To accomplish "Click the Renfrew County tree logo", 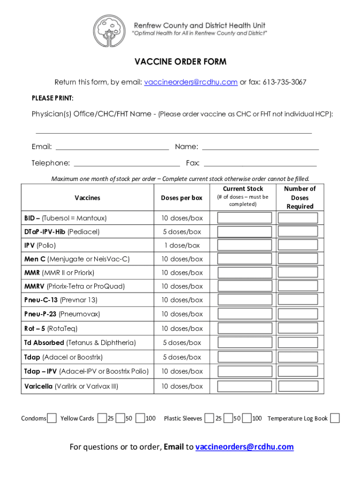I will point(109,31).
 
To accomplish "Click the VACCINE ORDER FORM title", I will point(180,62).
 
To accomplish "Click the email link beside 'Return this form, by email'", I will point(190,82).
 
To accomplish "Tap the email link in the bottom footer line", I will point(244,447).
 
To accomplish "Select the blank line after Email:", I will point(112,147).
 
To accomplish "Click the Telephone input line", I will point(127,163).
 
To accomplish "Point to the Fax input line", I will point(260,163).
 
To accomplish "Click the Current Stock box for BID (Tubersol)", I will point(244,218).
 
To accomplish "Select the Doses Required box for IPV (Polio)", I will point(298,245).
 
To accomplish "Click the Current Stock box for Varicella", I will point(244,386).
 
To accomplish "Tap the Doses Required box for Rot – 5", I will point(298,328).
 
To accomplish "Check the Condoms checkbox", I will point(52,418).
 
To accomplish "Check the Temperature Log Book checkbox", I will point(335,418).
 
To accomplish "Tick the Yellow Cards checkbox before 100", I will point(140,418).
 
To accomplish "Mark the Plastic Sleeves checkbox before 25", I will point(209,418).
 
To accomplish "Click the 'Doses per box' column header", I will point(181,198).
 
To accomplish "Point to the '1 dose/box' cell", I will point(181,245).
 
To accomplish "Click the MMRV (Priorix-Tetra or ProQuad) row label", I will point(75,286).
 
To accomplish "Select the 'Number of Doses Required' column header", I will point(300,197).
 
